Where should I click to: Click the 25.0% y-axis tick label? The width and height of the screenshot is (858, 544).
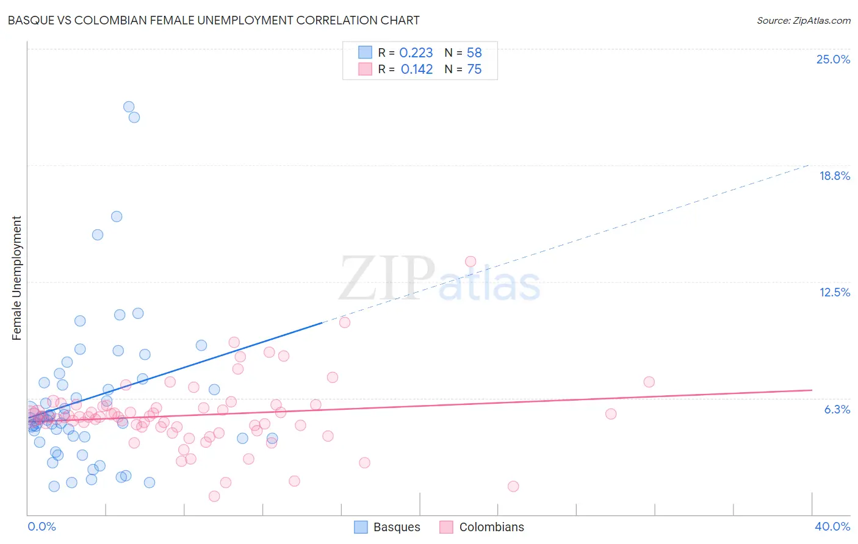[x=833, y=59]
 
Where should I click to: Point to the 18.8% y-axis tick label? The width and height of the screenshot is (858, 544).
[x=834, y=176]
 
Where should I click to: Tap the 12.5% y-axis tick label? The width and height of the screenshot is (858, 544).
[x=834, y=292]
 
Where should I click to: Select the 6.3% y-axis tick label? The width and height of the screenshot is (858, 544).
[x=837, y=409]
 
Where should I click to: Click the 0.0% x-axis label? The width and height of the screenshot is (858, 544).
[x=41, y=526]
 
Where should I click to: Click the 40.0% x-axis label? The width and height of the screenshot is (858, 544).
[x=832, y=526]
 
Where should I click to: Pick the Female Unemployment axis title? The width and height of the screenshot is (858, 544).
[x=16, y=277]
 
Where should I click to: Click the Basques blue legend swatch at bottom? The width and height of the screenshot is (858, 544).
[x=361, y=527]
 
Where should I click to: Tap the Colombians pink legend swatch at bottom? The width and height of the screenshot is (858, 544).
[x=447, y=527]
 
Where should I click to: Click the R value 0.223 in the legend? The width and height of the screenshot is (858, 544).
[x=416, y=53]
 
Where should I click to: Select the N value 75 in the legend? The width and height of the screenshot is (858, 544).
[x=474, y=70]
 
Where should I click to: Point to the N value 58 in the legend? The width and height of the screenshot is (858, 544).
[x=474, y=53]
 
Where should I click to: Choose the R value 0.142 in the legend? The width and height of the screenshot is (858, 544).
[x=417, y=70]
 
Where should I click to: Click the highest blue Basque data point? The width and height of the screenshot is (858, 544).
[x=129, y=107]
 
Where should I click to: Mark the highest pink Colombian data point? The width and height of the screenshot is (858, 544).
[x=470, y=262]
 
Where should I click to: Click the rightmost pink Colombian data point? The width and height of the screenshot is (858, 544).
[x=649, y=382]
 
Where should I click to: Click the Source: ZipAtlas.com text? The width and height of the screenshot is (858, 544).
[x=803, y=21]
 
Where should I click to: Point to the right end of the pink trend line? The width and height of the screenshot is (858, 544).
[x=812, y=390]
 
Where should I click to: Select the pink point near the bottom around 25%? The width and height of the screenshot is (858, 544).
[x=513, y=486]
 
